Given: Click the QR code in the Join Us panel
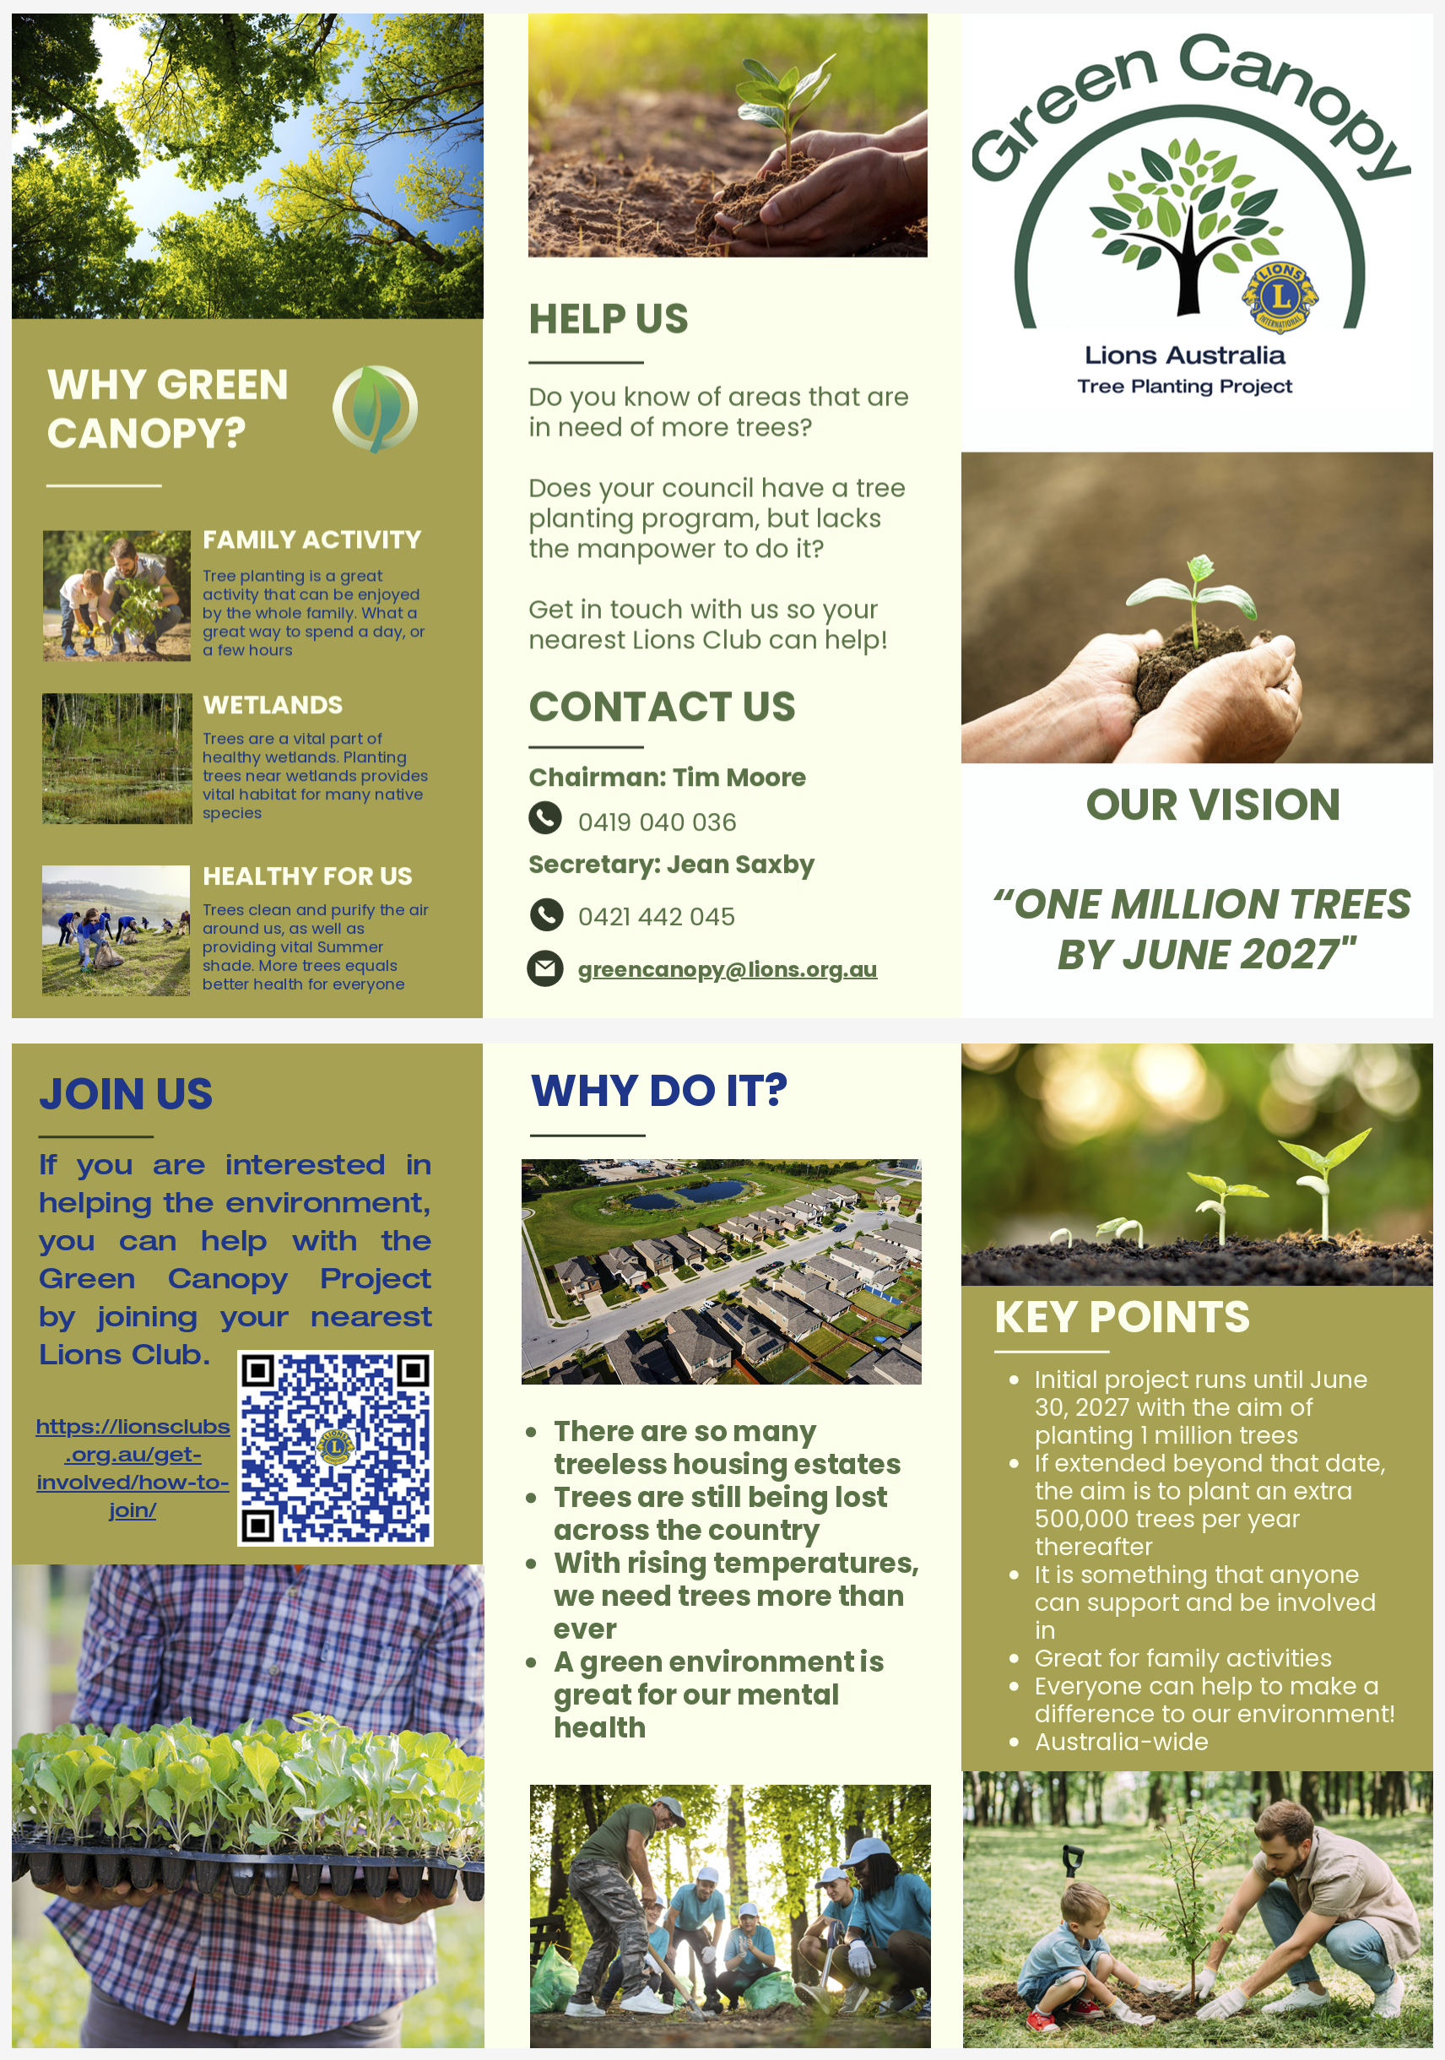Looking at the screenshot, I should click(334, 1447).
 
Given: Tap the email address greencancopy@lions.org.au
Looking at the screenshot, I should click(727, 969).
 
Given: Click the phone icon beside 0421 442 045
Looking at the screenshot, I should click(546, 914).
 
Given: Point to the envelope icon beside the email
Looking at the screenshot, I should click(544, 968).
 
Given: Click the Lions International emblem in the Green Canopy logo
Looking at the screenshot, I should click(1279, 296).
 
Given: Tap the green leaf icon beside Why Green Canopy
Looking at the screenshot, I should click(375, 409).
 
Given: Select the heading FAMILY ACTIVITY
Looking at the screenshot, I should click(311, 539).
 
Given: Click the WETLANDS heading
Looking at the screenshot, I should click(273, 705).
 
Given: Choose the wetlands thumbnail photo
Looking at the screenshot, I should click(117, 758).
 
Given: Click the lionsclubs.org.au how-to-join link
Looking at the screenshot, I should click(133, 1468).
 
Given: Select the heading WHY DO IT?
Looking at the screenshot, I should click(658, 1090).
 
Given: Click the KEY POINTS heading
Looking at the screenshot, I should click(1121, 1317).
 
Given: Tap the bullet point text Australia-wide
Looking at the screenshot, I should click(1121, 1742).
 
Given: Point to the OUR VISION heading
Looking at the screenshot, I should click(1213, 805).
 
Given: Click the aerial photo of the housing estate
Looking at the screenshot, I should click(721, 1271).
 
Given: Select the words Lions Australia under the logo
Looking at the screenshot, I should click(1184, 355).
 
